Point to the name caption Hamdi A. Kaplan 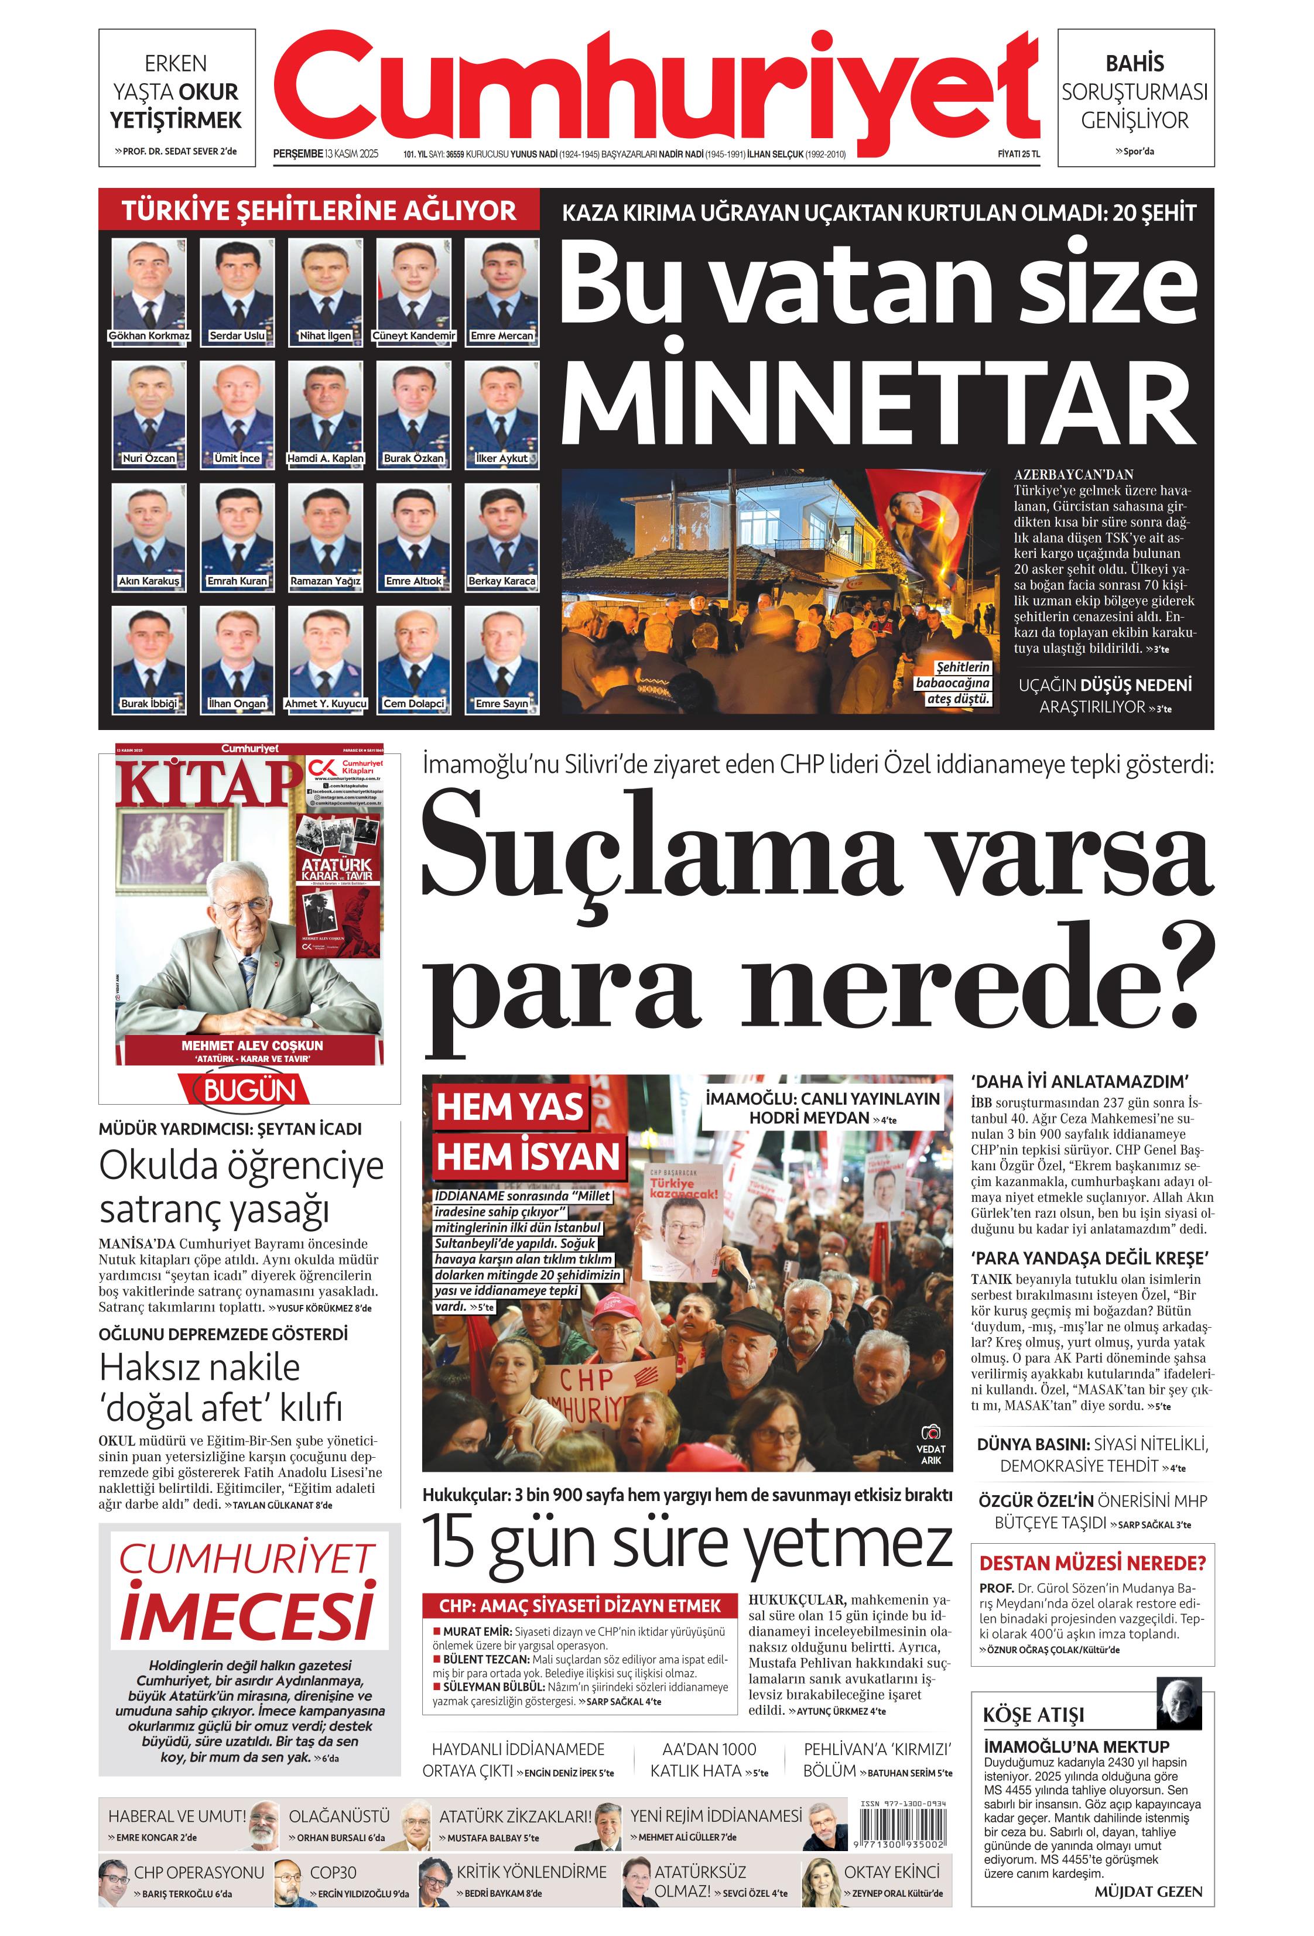pos(325,458)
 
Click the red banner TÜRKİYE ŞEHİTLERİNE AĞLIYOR pos(319,211)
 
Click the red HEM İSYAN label pos(528,1157)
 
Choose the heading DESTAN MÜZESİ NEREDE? pos(1092,1563)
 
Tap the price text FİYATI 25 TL pos(1018,154)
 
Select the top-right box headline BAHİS pos(1135,63)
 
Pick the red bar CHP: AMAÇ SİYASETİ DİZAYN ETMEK pos(580,1605)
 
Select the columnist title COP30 pos(333,1873)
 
